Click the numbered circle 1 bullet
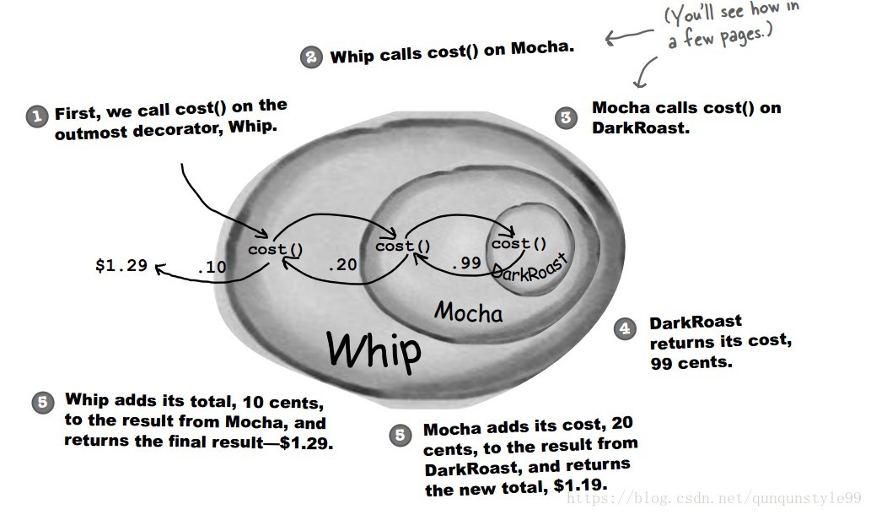[x=36, y=117]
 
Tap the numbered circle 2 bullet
[x=311, y=57]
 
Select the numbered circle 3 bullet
[x=566, y=117]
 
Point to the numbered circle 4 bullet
[x=625, y=329]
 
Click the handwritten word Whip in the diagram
[x=374, y=349]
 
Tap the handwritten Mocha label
[x=468, y=312]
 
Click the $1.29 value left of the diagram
[x=121, y=265]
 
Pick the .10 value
[x=211, y=267]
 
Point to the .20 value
[x=342, y=264]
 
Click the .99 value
[x=465, y=263]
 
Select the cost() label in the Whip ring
[x=275, y=250]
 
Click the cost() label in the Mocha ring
[x=402, y=247]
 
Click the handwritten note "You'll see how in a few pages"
[x=729, y=26]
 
